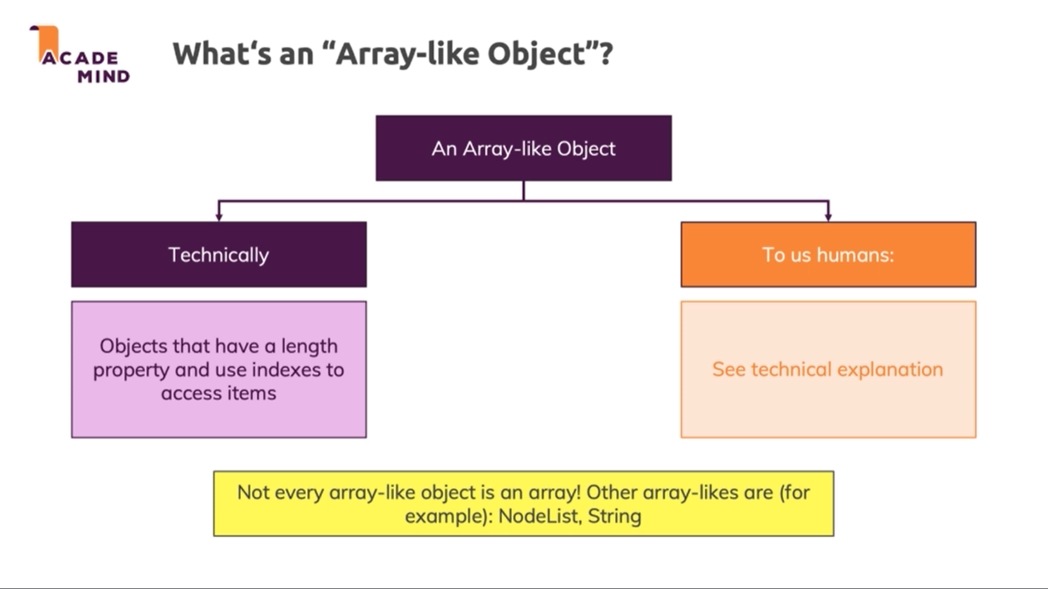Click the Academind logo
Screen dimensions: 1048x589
point(80,55)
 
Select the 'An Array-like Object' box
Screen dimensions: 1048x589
point(523,148)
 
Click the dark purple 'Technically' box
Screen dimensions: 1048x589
point(219,254)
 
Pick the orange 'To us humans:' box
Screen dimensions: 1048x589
point(828,254)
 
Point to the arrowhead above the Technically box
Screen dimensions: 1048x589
point(219,217)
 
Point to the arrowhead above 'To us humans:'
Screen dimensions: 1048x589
point(828,217)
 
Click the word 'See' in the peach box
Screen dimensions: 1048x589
point(729,369)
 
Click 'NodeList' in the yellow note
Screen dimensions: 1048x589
point(535,516)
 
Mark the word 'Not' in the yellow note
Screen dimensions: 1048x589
point(253,492)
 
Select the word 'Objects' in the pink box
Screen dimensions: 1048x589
point(133,347)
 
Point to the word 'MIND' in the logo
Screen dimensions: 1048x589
point(104,76)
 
